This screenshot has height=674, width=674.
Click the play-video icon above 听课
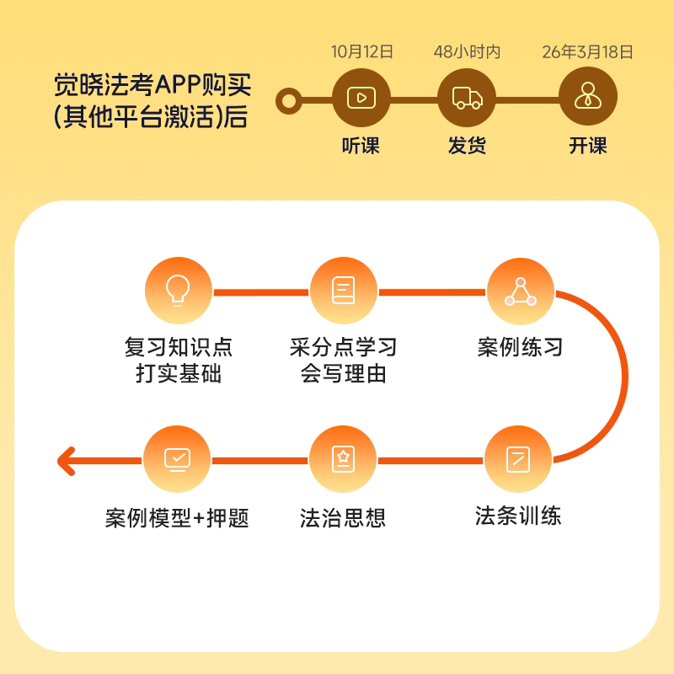pyautogui.click(x=361, y=98)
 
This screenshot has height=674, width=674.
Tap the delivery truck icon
pyautogui.click(x=468, y=98)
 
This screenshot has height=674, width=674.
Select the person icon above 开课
pyautogui.click(x=587, y=98)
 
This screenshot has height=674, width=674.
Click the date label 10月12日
pyautogui.click(x=362, y=52)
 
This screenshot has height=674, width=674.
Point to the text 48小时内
pyautogui.click(x=468, y=52)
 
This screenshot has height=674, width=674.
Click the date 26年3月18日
pyautogui.click(x=587, y=52)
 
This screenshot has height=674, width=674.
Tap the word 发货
pyautogui.click(x=468, y=146)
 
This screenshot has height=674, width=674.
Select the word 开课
pyautogui.click(x=587, y=146)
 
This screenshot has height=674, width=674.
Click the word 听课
pyautogui.click(x=361, y=146)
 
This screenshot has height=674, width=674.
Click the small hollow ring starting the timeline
pyautogui.click(x=289, y=101)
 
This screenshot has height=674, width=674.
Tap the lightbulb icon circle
pyautogui.click(x=178, y=292)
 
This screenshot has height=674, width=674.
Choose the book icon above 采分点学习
pyautogui.click(x=343, y=292)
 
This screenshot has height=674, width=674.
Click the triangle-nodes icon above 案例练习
pyautogui.click(x=520, y=292)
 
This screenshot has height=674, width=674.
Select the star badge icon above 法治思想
pyautogui.click(x=343, y=460)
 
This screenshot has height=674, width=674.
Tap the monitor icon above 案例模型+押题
pyautogui.click(x=178, y=460)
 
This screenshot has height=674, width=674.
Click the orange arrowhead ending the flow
pyautogui.click(x=66, y=460)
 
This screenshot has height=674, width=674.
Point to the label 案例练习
pyautogui.click(x=520, y=347)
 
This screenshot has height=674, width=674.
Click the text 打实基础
pyautogui.click(x=179, y=374)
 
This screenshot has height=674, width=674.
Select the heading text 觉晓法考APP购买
pyautogui.click(x=152, y=86)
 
